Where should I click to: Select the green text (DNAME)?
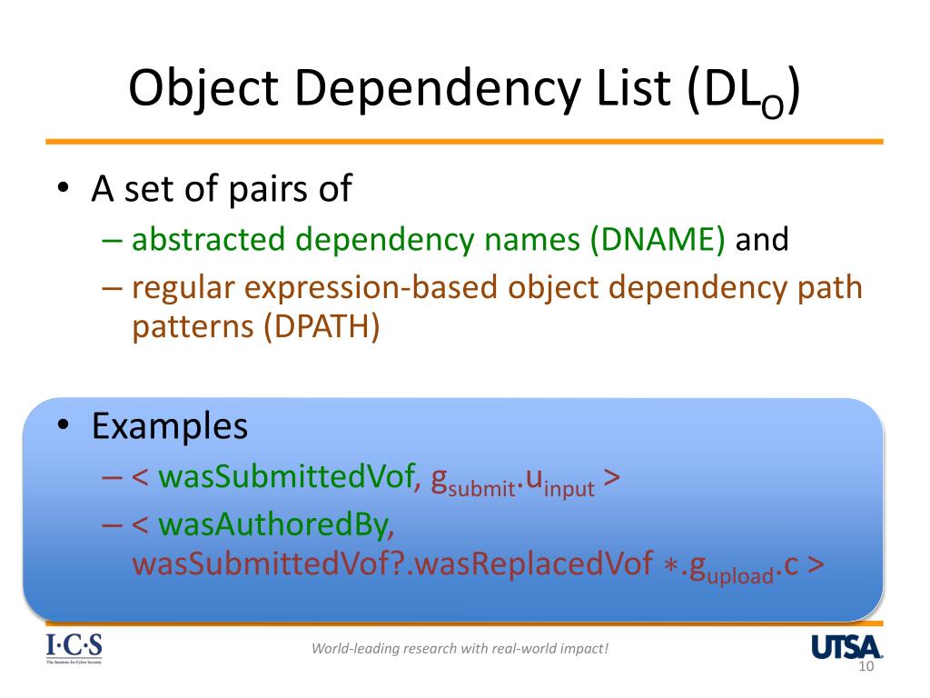tap(658, 240)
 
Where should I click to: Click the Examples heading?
tap(170, 425)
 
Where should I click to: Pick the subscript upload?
tap(741, 575)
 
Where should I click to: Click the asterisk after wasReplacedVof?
tap(669, 565)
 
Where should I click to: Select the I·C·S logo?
tap(74, 648)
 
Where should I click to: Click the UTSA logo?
tap(846, 647)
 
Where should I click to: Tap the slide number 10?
tap(865, 668)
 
